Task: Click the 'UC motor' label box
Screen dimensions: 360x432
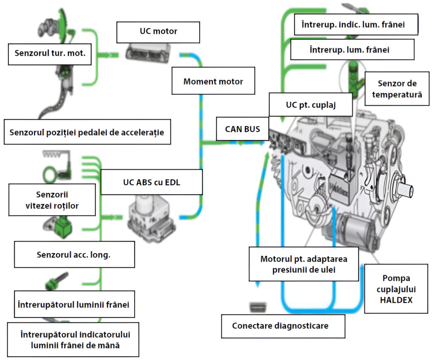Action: [x=158, y=31]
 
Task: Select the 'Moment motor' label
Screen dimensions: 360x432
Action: [x=213, y=81]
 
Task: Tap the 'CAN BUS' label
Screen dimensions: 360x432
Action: [x=242, y=129]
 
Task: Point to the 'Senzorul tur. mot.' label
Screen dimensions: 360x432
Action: [x=50, y=54]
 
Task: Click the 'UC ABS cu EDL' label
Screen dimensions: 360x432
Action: [x=151, y=183]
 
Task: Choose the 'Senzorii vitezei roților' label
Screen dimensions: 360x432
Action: [x=52, y=200]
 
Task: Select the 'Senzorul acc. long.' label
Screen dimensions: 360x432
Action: [x=74, y=255]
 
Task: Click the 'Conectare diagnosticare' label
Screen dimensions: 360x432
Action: [x=280, y=326]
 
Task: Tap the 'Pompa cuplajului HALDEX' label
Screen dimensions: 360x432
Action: [x=397, y=289]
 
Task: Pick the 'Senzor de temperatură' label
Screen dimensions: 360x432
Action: [x=397, y=89]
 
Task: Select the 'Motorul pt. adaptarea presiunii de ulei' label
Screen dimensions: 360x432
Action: [x=303, y=264]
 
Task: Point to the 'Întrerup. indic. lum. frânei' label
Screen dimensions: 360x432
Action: [x=353, y=24]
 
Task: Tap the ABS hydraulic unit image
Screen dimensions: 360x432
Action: [x=152, y=218]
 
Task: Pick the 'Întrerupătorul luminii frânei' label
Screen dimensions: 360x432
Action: [x=74, y=304]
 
